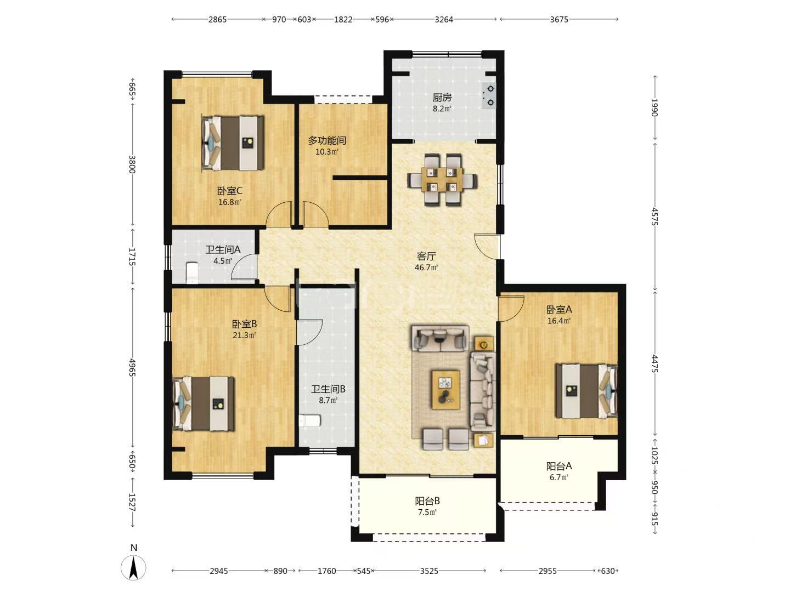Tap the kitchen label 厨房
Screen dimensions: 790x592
tap(442, 98)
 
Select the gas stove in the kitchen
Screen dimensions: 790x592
tap(489, 95)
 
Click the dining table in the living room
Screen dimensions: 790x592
tap(442, 180)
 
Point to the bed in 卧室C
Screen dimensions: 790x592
tap(233, 143)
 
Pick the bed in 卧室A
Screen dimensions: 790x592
tap(586, 391)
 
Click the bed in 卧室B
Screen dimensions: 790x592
tap(204, 403)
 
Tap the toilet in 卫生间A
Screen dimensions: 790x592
tap(192, 273)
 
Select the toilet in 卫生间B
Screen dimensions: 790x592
tap(309, 420)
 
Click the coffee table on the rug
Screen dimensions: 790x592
tap(446, 390)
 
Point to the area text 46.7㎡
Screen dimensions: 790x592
tap(426, 267)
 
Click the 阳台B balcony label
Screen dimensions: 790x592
tap(427, 500)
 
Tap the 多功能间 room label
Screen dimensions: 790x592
tap(327, 140)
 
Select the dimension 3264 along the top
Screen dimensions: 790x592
tap(444, 19)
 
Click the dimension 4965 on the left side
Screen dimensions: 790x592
tap(132, 367)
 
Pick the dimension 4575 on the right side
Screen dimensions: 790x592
tap(654, 217)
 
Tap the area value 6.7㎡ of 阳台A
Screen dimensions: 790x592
tap(558, 477)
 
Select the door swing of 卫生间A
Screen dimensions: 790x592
tap(244, 267)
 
